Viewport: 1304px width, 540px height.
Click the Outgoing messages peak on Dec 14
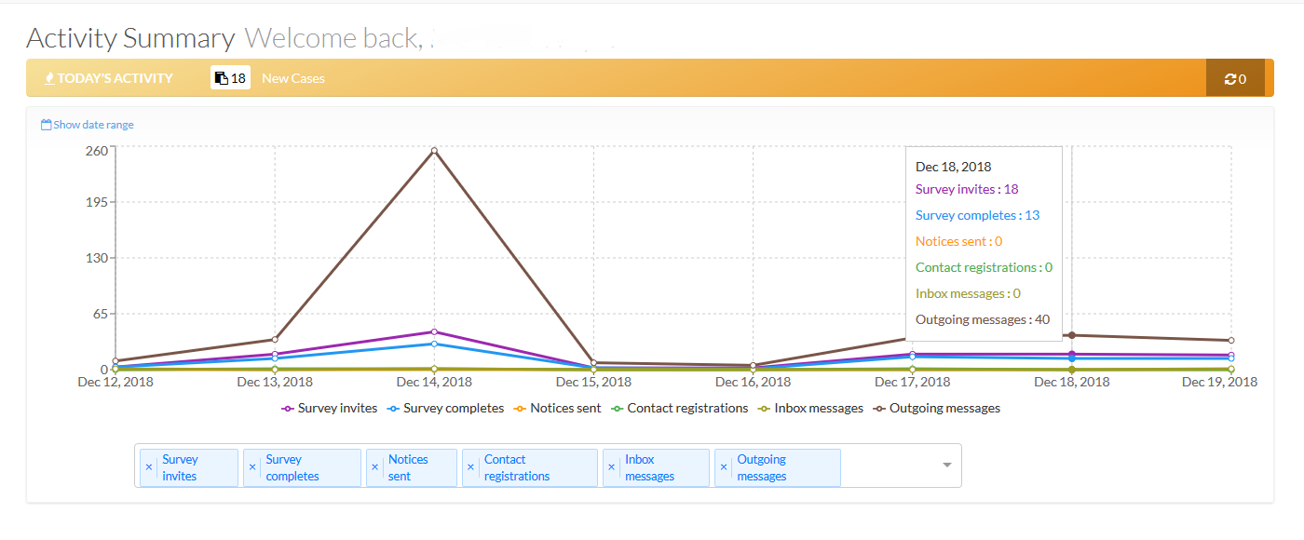pos(434,150)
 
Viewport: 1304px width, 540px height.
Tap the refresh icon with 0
pos(1235,79)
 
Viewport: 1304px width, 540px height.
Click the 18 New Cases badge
pos(230,78)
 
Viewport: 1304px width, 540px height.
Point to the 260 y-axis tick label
pos(97,149)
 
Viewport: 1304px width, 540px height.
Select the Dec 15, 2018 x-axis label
pos(593,382)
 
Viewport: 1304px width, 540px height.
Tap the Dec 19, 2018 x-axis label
pos(1219,382)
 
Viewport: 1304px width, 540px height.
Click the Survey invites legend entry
pos(330,408)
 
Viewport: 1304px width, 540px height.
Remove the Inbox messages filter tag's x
pos(612,467)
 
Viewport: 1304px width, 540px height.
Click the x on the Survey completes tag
pos(252,467)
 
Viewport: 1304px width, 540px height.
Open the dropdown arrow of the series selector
pos(947,465)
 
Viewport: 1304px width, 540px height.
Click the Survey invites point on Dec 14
pos(434,331)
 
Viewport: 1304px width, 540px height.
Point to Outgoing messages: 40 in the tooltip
pos(983,319)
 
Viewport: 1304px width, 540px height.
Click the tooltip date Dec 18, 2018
pos(954,167)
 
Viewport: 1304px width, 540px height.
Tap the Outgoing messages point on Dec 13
pos(275,340)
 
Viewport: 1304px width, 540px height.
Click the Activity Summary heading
pos(130,39)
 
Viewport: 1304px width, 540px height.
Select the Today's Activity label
pos(109,78)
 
